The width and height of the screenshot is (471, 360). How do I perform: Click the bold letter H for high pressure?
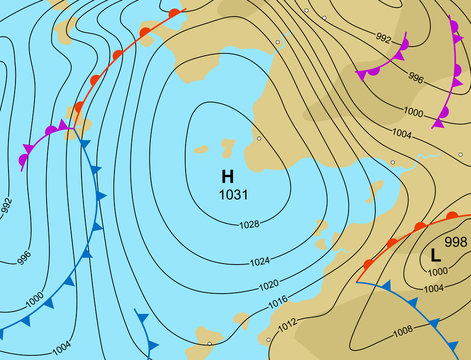(x=227, y=176)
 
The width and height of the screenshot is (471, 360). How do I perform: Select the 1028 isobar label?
(x=250, y=224)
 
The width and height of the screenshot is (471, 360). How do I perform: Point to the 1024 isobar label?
(x=259, y=262)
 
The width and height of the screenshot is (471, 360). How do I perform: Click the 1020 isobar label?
(x=269, y=285)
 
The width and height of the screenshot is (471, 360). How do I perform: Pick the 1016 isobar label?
(x=277, y=301)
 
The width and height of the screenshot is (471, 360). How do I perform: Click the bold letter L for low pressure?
(x=435, y=255)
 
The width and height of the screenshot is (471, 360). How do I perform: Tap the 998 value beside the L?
(x=455, y=242)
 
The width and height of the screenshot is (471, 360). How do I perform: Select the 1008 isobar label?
(x=403, y=329)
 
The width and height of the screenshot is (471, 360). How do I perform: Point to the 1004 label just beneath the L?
(x=433, y=289)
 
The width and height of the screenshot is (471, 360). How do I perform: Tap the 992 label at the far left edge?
(x=7, y=207)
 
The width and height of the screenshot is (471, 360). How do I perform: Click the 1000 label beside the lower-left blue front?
(x=34, y=300)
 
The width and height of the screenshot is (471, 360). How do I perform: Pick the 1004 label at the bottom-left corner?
(x=60, y=347)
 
